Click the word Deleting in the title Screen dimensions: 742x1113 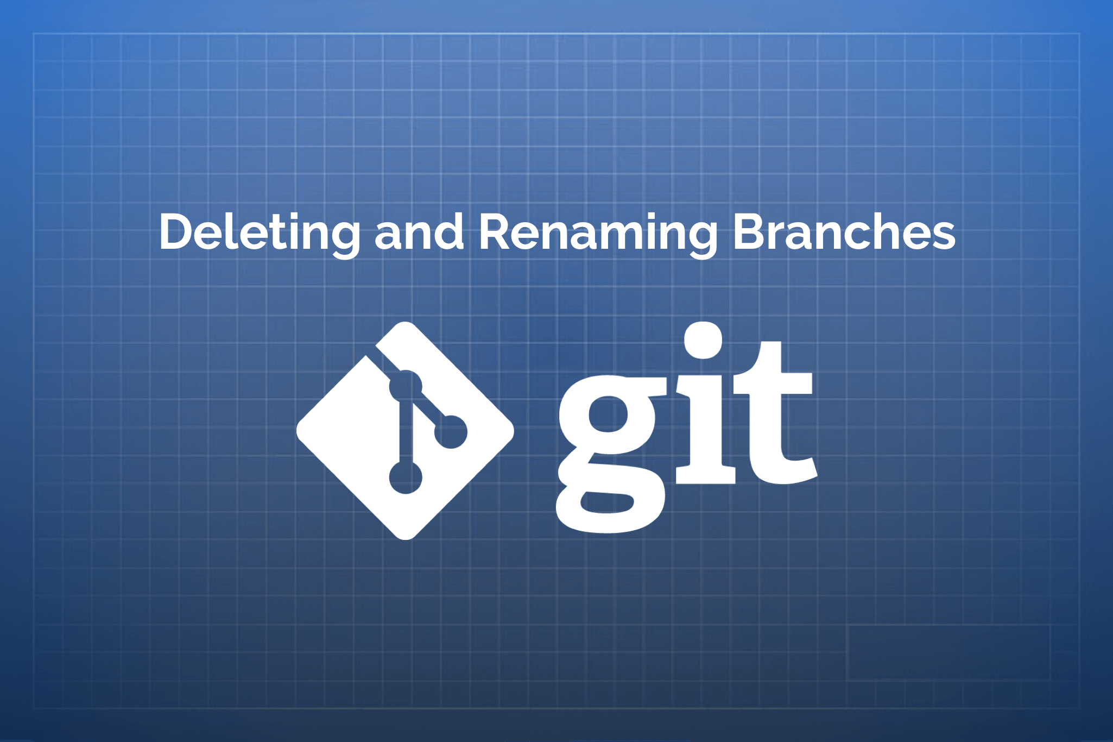(260, 232)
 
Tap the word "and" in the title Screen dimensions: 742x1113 (419, 232)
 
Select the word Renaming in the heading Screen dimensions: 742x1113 (597, 232)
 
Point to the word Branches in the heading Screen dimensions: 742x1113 (844, 232)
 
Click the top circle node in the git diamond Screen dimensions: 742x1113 (406, 387)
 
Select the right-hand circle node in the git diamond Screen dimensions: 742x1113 (451, 432)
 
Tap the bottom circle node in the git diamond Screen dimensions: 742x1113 (406, 477)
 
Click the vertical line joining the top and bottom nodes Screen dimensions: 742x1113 (406, 432)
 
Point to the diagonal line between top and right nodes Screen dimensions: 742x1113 (428, 410)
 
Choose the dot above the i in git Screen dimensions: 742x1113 (703, 339)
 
